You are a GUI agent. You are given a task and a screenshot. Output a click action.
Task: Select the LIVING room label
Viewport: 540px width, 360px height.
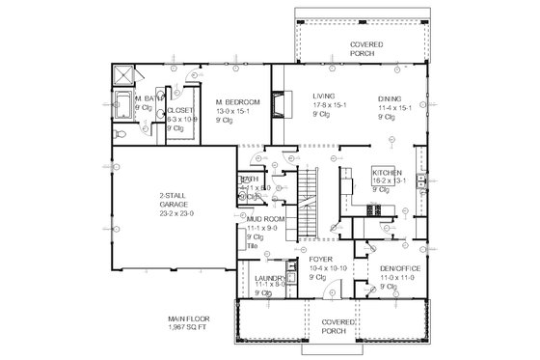[x=323, y=97]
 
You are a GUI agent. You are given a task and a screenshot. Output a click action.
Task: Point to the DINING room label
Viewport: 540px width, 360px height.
[x=391, y=97]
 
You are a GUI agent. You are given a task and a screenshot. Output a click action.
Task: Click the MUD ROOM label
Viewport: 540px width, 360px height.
[x=262, y=219]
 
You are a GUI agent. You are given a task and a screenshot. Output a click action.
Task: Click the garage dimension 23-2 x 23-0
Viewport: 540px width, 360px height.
[x=175, y=209]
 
